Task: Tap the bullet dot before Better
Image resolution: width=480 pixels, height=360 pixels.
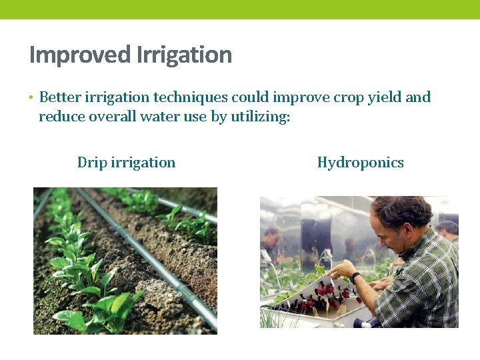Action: click(x=31, y=98)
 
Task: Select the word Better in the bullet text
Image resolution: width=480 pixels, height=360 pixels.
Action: click(x=61, y=97)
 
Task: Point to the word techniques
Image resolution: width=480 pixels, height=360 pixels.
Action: click(x=191, y=97)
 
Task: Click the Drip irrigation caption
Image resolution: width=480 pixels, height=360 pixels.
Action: click(x=126, y=163)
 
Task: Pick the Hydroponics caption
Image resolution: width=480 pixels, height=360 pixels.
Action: click(x=360, y=163)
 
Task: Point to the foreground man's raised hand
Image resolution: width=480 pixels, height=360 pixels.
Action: click(x=343, y=269)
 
